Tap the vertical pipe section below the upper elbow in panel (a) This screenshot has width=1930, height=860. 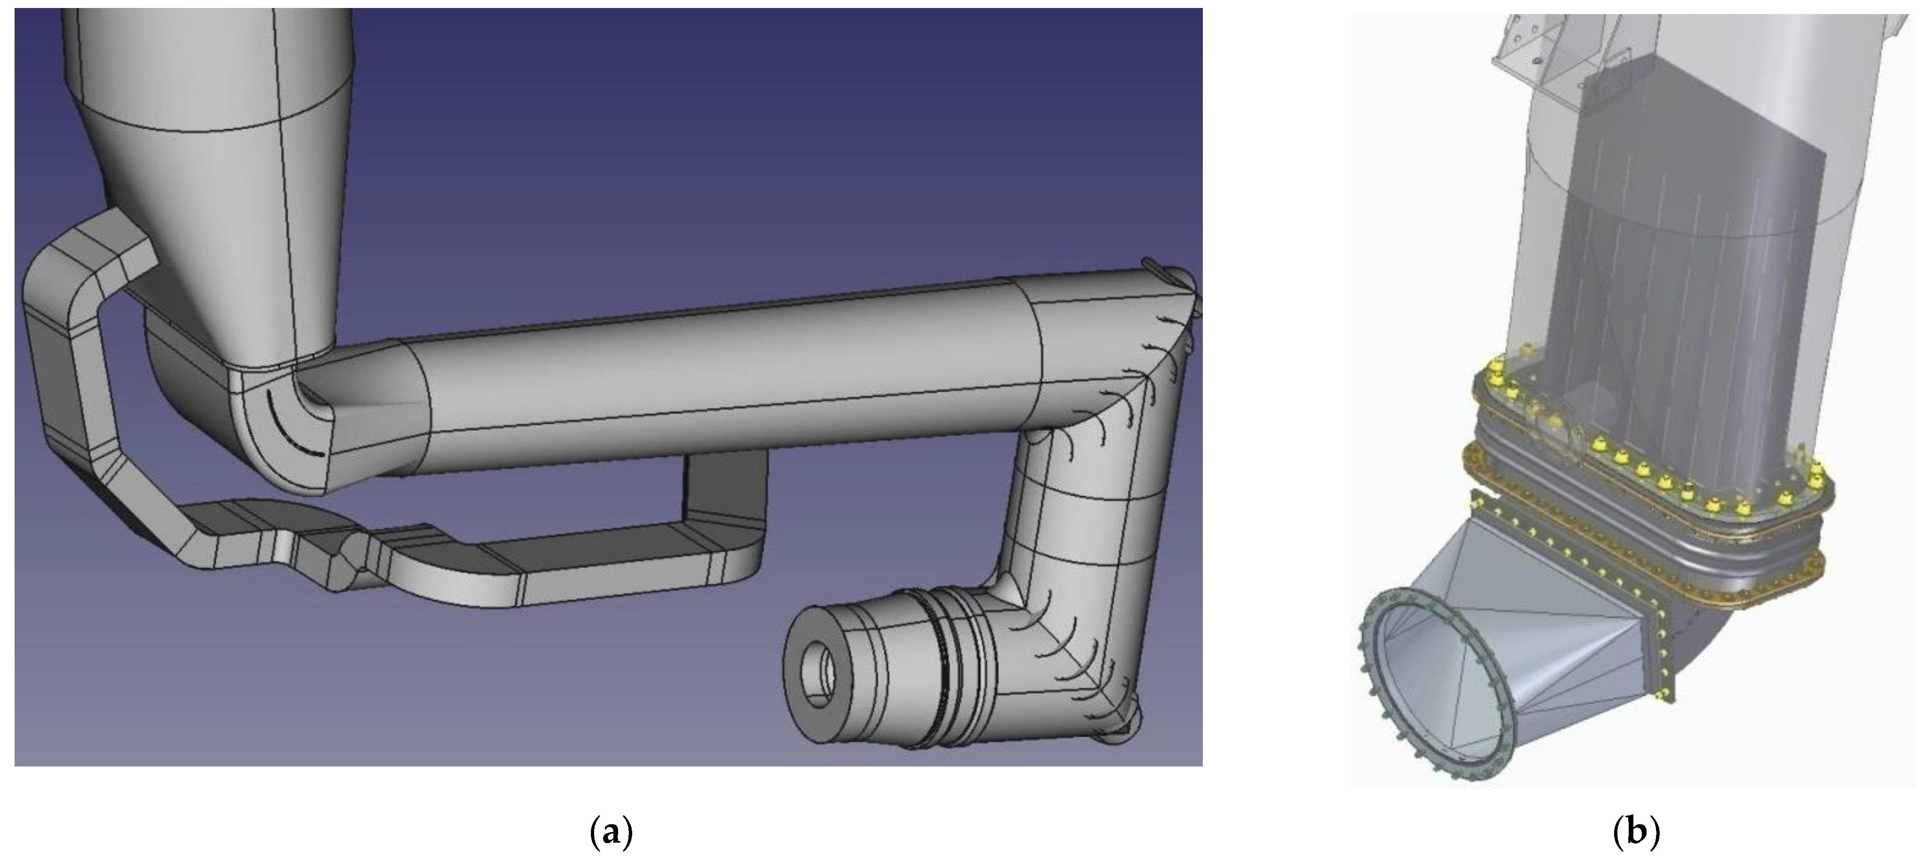[x=1094, y=517]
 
